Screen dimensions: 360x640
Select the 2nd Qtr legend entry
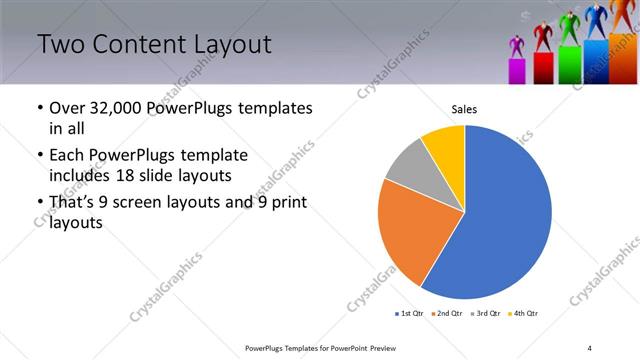click(446, 314)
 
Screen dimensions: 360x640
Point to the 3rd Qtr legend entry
click(483, 314)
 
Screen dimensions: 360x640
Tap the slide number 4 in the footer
click(590, 347)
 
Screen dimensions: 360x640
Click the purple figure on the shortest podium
click(517, 47)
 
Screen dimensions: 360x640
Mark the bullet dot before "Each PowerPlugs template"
click(39, 156)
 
